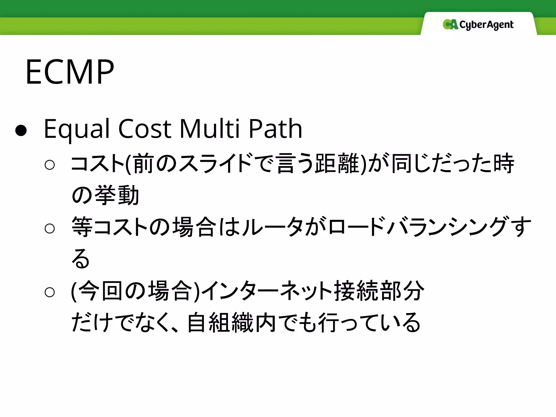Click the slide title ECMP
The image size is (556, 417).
pos(70,72)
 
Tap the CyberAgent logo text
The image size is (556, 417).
pos(486,25)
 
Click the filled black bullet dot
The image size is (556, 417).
pos(21,131)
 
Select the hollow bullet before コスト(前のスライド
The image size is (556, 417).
pos(50,165)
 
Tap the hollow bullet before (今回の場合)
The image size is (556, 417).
pos(50,292)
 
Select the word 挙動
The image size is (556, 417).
pos(117,195)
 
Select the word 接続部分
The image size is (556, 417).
pos(379,291)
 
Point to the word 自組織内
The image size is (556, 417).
pos(232,323)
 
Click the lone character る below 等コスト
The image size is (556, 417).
pos(80,258)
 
